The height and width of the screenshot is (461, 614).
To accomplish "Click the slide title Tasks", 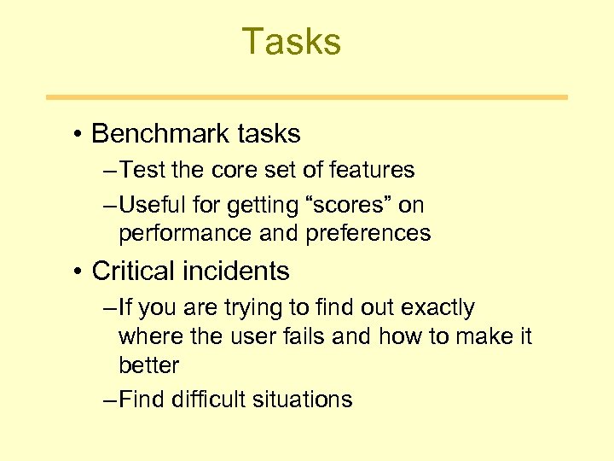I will coord(292,42).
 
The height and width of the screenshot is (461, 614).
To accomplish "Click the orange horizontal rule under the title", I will coord(306,97).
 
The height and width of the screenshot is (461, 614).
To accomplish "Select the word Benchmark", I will coord(149,134).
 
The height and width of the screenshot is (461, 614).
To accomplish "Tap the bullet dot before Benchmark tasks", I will coord(77,135).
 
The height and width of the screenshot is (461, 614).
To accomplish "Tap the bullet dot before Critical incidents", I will coord(77,271).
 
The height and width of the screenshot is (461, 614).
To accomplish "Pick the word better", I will coord(148,365).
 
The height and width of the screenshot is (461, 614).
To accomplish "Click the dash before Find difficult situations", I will coord(109,400).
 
